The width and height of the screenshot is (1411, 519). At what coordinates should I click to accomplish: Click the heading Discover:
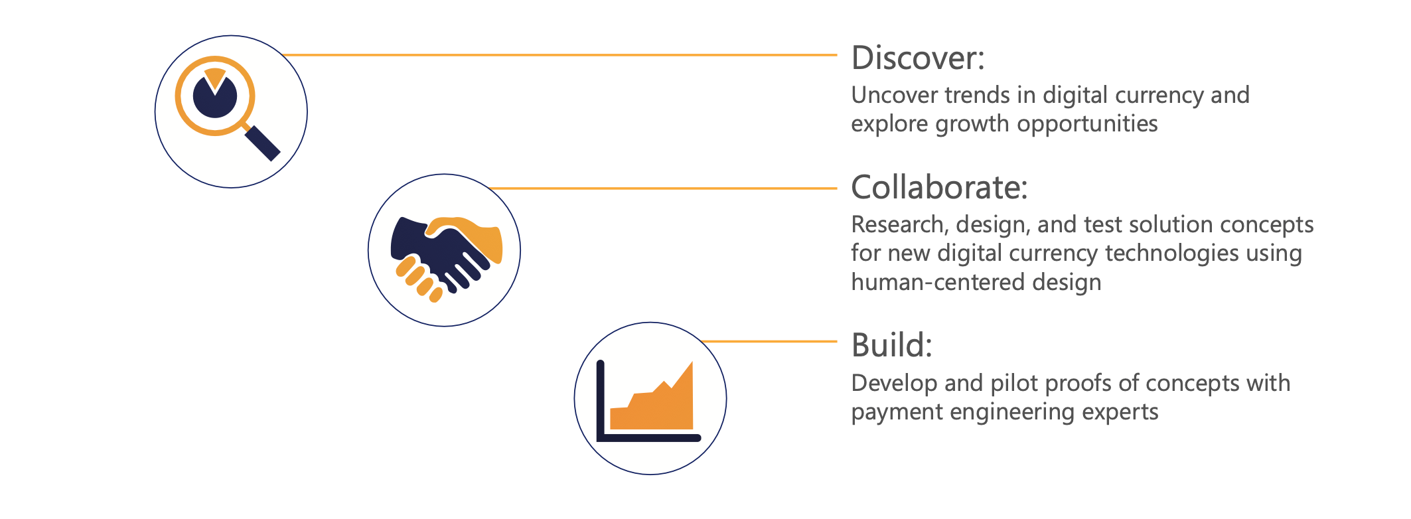click(x=918, y=58)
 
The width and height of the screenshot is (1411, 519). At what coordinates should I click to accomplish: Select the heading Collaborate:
click(x=940, y=187)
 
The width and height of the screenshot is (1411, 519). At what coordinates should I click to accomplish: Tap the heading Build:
click(x=892, y=345)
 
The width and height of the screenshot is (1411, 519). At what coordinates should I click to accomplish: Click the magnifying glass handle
click(x=262, y=143)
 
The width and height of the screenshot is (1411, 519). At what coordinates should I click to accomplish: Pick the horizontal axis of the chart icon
click(x=649, y=437)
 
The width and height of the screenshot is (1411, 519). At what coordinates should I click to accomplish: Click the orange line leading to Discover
click(x=559, y=55)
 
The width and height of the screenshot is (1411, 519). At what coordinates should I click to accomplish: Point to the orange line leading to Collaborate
click(x=663, y=188)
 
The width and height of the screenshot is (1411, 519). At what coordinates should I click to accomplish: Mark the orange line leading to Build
click(x=769, y=342)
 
